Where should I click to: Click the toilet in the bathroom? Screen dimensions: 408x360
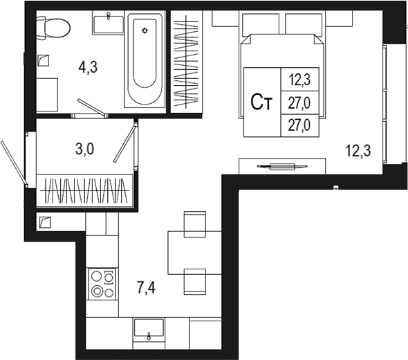point(53,28)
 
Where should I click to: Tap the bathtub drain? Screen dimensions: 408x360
point(145,30)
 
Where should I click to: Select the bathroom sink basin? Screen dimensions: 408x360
point(109,24)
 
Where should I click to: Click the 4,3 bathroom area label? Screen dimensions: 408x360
point(88,67)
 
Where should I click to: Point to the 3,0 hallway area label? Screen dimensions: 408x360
point(84,150)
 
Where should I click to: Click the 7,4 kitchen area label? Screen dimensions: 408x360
point(146,288)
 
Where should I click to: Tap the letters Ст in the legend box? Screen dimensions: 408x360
point(261,102)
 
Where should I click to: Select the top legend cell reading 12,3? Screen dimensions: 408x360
point(299,80)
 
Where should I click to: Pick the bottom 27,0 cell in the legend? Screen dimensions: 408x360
point(299,125)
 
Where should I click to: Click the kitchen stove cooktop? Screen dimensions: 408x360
point(102,284)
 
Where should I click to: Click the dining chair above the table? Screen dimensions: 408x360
point(195,224)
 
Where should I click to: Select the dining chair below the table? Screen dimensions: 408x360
point(195,282)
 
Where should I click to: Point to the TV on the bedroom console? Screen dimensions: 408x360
point(282,166)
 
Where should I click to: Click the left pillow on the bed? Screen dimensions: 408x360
point(261,24)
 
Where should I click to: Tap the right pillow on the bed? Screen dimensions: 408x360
point(304,24)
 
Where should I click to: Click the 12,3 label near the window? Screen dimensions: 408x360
point(358,151)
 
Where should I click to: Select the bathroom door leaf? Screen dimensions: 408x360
point(91,107)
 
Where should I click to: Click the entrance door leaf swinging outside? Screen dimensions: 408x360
point(13,162)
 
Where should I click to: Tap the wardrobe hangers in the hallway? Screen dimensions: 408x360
point(85,190)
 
